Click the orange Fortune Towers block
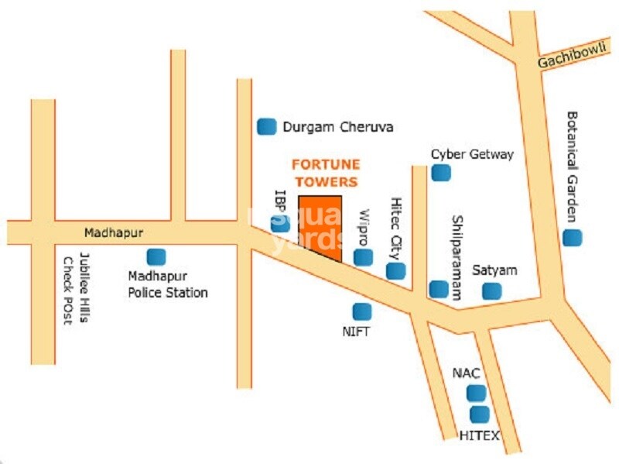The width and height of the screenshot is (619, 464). [320, 226]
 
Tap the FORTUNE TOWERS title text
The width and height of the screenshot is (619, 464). [325, 173]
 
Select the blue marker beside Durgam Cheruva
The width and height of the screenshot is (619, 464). [267, 125]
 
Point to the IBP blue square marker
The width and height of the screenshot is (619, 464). [280, 223]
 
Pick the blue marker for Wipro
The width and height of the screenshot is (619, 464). [362, 257]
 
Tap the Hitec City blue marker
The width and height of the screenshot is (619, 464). [395, 270]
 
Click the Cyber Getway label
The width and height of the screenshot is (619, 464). [472, 154]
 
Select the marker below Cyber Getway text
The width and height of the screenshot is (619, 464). [440, 172]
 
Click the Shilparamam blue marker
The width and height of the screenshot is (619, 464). [439, 289]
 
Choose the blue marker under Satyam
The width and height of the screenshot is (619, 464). [491, 291]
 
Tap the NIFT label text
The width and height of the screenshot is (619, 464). [357, 332]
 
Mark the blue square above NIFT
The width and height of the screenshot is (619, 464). [361, 311]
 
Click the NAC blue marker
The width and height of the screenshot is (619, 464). [476, 393]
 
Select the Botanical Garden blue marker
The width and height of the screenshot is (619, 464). [571, 238]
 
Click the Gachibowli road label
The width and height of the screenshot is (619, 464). [573, 57]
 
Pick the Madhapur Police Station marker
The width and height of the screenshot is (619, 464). [156, 256]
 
